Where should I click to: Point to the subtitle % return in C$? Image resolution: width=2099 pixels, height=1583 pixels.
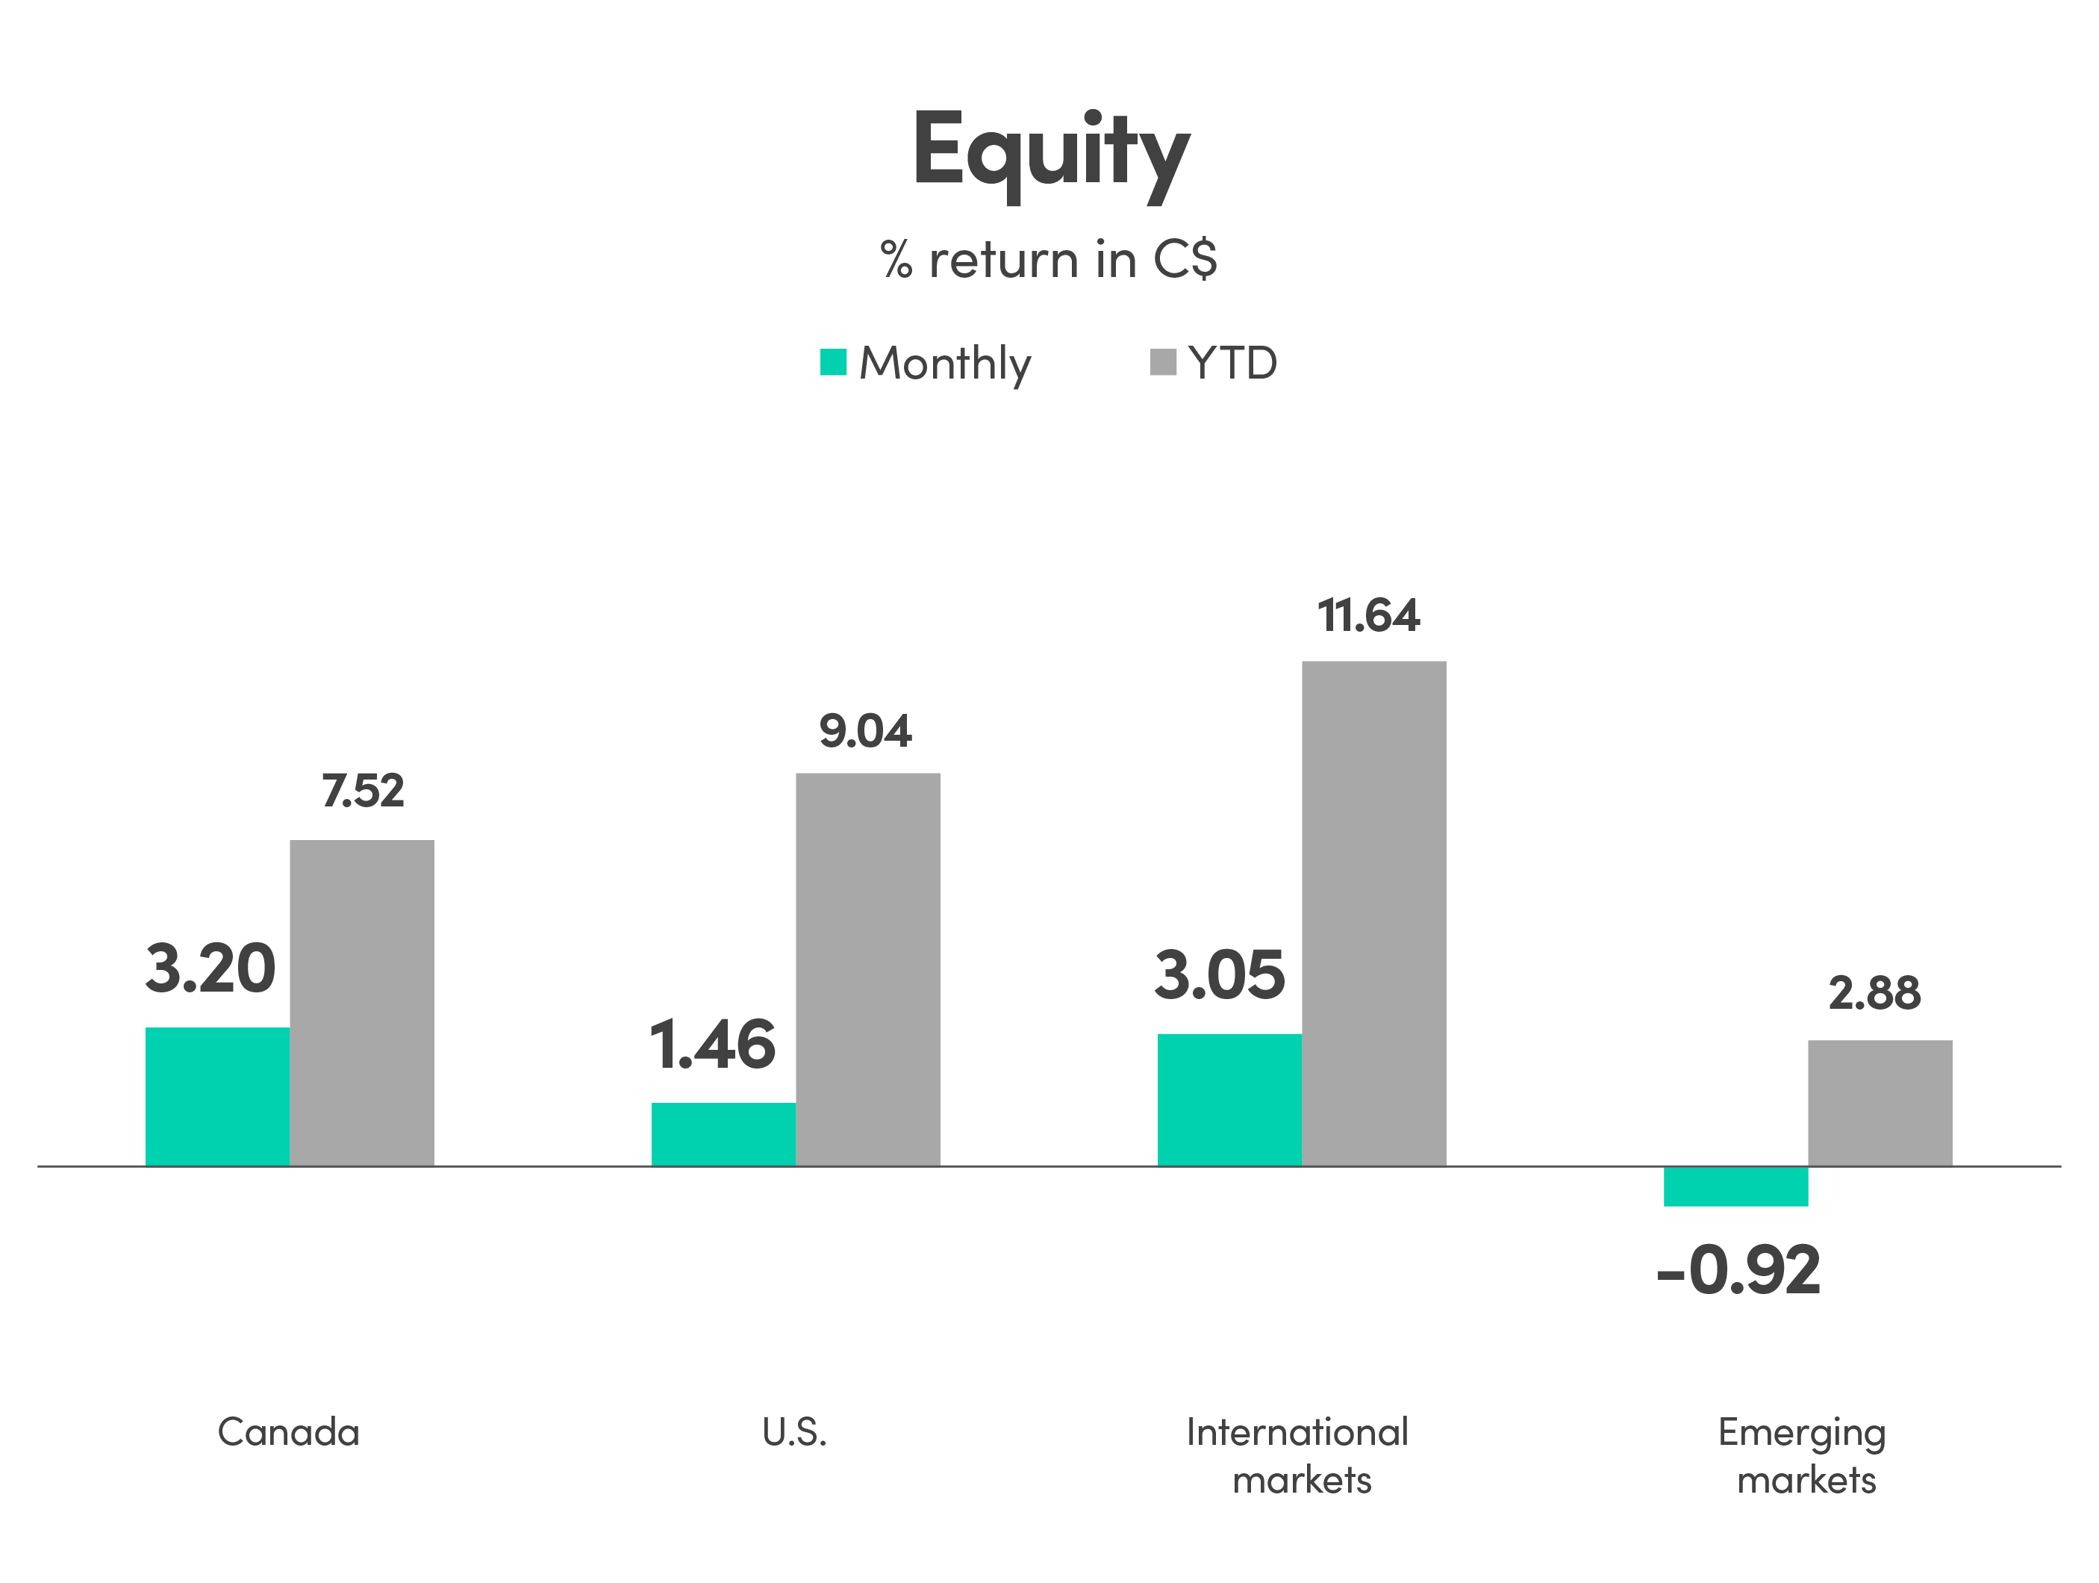coord(1049,259)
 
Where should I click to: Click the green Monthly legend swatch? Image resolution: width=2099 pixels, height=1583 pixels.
coord(833,363)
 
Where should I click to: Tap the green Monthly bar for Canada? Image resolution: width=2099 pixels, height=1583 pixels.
coord(217,1096)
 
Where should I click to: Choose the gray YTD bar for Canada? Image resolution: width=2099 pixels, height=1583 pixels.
coord(361,1002)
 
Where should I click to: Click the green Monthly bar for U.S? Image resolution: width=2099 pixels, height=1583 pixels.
coord(723,1134)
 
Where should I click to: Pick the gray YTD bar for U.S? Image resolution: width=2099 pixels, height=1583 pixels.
coord(867,969)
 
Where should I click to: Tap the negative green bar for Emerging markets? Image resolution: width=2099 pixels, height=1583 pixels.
coord(1735,1187)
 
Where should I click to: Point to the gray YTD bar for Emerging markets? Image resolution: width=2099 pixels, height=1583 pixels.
coord(1880,1103)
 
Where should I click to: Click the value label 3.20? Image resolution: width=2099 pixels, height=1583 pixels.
coord(210,970)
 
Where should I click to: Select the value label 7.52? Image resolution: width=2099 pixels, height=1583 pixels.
coord(363,791)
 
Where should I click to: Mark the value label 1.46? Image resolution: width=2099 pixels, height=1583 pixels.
coord(713,1045)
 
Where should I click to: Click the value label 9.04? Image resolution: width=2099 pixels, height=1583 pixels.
coord(865,731)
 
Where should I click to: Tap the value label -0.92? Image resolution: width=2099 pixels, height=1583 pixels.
coord(1738,1271)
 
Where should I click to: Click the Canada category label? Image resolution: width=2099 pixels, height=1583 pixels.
coord(288,1432)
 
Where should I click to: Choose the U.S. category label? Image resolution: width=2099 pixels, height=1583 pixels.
coord(794,1432)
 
